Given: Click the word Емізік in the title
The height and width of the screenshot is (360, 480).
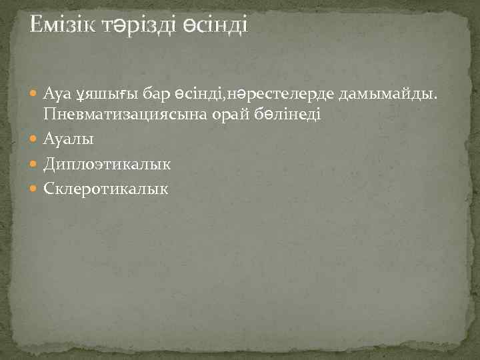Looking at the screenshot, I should point(63,25).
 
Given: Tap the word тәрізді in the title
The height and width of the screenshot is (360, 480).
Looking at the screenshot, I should point(138,25).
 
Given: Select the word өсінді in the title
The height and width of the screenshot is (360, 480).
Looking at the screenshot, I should point(214,25).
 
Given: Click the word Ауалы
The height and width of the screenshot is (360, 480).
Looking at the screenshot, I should point(68,139).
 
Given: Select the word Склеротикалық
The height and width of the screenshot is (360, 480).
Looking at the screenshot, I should point(106,189).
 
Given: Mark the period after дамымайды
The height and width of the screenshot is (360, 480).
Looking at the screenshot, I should point(437,101).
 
